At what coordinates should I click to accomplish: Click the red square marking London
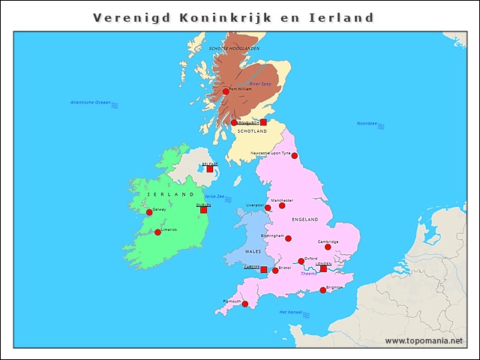coord(323,268)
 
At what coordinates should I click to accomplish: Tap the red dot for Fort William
coord(226,91)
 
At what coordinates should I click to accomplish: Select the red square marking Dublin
coord(203,210)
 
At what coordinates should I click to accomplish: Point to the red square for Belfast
coord(210,169)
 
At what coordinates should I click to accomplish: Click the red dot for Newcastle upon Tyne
coord(295,156)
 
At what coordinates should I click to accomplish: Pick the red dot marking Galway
coord(149,213)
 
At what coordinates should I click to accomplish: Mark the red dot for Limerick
coord(157,232)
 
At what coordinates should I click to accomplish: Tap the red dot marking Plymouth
coord(245,304)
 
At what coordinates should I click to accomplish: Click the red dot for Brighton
coord(323,290)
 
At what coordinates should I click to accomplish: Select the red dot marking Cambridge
coord(328,247)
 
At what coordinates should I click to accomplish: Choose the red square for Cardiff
coord(263,269)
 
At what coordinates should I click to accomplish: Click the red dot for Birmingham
coord(288,238)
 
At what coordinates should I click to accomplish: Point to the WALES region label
coord(253,252)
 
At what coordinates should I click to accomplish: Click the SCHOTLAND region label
coord(252,131)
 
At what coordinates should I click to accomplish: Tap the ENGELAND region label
coord(304,220)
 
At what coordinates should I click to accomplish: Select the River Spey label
coord(260,84)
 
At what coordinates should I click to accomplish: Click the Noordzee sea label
coord(367,124)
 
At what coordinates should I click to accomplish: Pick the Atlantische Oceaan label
coord(90,102)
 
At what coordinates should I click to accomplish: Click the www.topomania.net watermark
coord(424,341)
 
